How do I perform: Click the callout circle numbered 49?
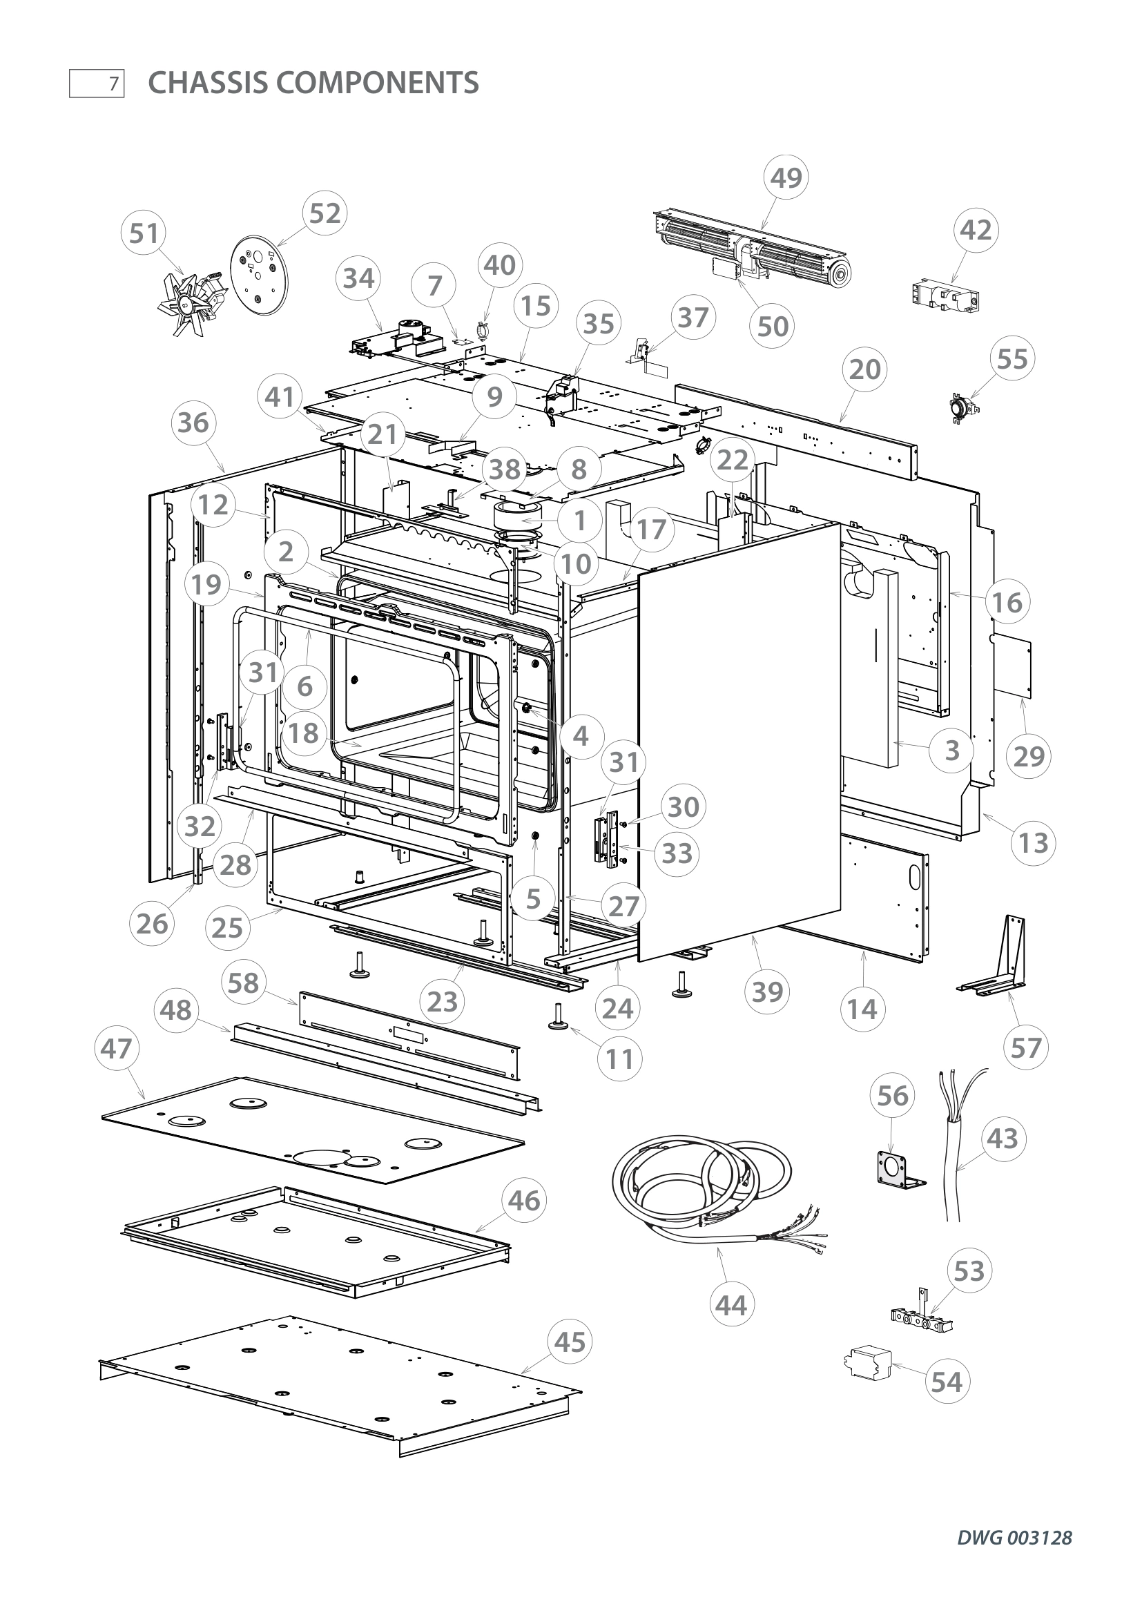[x=786, y=178]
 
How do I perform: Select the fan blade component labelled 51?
[x=188, y=303]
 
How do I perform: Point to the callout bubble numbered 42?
[x=976, y=231]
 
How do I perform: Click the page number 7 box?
[x=97, y=84]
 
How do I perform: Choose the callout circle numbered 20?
[x=864, y=369]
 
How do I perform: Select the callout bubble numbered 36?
[x=193, y=423]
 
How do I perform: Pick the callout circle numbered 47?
[x=117, y=1048]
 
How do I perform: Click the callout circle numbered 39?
[x=766, y=992]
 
